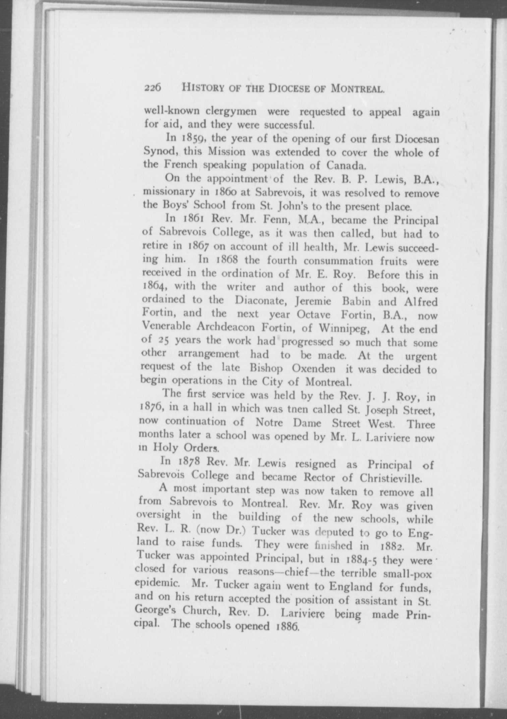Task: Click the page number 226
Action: [153, 88]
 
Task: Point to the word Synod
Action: [158, 151]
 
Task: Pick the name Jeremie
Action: [313, 301]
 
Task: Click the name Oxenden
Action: [313, 369]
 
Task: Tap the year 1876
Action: [151, 408]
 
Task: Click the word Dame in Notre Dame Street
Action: [307, 423]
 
